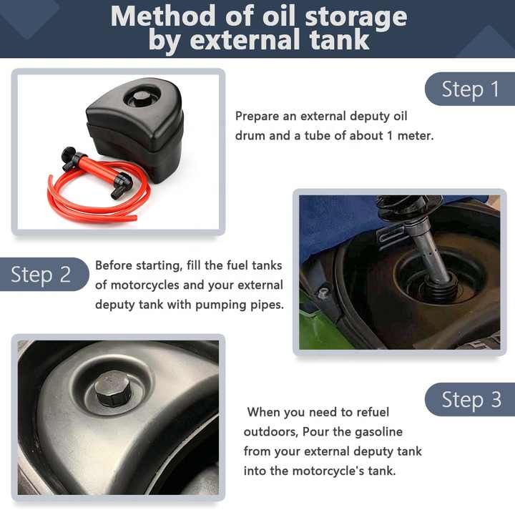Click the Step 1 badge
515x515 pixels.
coord(470,89)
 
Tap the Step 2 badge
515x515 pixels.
coord(44,274)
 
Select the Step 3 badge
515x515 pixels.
coord(470,399)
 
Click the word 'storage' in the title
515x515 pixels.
coord(356,17)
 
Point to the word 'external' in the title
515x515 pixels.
coord(245,40)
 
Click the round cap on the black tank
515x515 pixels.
coord(142,97)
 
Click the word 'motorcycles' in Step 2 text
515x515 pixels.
coord(145,285)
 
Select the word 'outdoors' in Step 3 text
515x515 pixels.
coord(270,432)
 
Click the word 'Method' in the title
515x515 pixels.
coord(163,16)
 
